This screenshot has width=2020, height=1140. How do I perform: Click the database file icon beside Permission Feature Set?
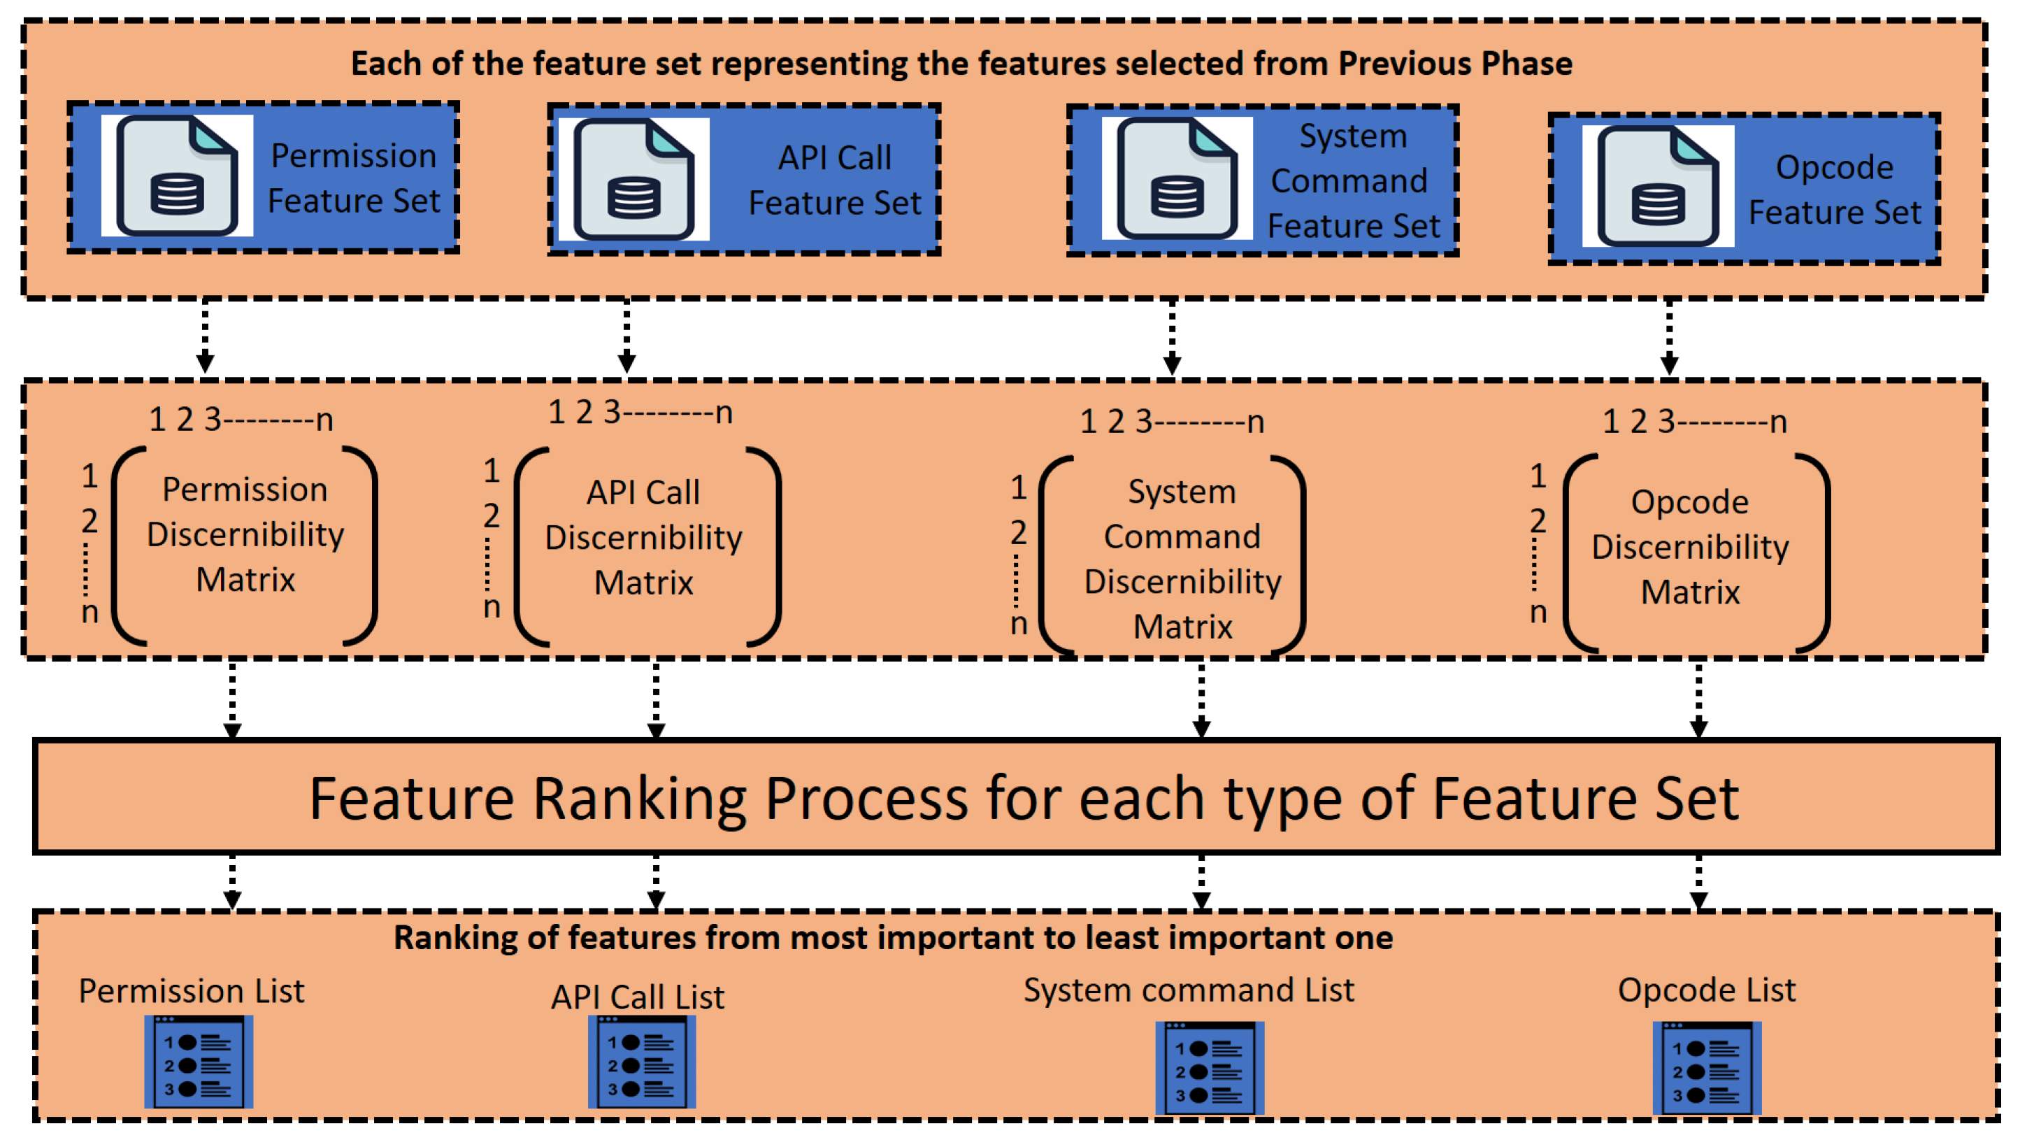coord(176,176)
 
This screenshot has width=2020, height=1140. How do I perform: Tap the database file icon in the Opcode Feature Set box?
coord(1657,186)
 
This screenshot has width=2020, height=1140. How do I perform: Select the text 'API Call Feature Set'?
coord(834,180)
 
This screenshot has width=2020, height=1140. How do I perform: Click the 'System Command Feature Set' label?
coord(1353,180)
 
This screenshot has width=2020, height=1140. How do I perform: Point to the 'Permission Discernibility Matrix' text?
coord(245,534)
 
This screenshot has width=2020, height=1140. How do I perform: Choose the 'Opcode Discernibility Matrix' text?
coord(1690,547)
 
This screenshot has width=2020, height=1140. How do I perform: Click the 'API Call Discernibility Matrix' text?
coord(643,537)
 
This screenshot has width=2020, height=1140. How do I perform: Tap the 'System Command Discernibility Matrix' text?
coord(1182,559)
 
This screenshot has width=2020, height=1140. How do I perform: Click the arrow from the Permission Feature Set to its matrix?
coord(206,336)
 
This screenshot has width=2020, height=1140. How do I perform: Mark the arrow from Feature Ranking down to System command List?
coord(1201,882)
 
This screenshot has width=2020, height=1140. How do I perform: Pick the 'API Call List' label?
coord(638,997)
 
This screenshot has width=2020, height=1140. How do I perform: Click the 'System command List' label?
coord(1188,990)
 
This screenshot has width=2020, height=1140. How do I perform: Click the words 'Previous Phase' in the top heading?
coord(1454,64)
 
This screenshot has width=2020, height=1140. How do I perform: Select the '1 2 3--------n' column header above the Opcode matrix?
coord(1693,422)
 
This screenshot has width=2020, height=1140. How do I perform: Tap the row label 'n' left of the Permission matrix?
coord(89,612)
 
